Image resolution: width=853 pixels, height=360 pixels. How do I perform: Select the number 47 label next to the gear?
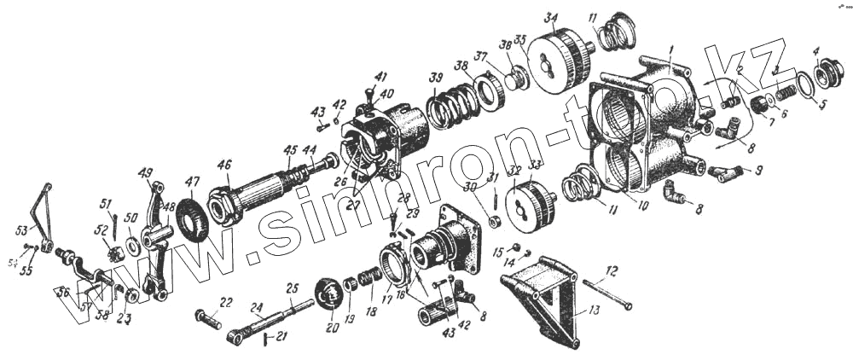pyautogui.click(x=194, y=182)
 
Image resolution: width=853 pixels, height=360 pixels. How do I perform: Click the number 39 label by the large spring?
pyautogui.click(x=436, y=78)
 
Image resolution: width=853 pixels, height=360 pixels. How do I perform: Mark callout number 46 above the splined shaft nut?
pyautogui.click(x=224, y=165)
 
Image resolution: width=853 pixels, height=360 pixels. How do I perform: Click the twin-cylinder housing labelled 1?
pyautogui.click(x=648, y=119)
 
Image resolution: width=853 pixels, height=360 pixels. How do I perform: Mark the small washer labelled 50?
pyautogui.click(x=135, y=247)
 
